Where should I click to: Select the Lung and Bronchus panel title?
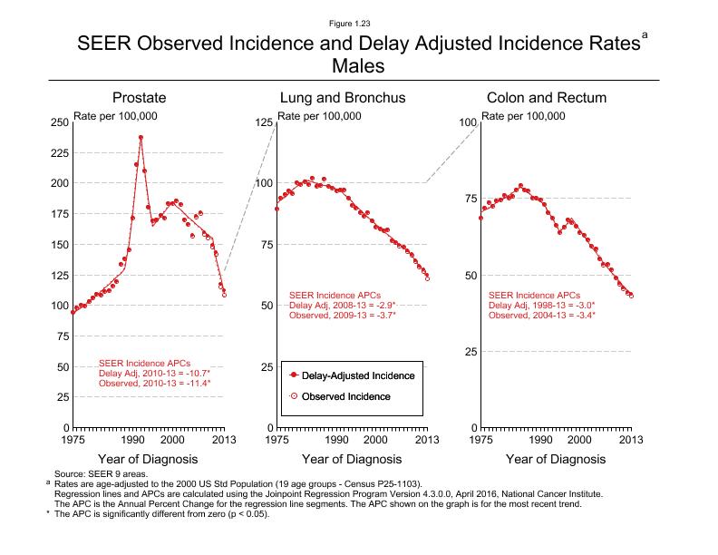click(x=342, y=98)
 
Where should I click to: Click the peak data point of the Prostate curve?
click(x=141, y=138)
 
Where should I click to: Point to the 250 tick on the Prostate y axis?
click(x=59, y=122)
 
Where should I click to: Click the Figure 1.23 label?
click(x=358, y=22)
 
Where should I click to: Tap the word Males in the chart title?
click(x=358, y=65)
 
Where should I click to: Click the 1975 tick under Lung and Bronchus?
click(x=277, y=440)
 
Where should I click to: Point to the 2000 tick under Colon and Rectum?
click(x=580, y=440)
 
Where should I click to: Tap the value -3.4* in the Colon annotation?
click(x=582, y=315)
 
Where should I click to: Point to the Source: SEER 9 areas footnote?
click(x=99, y=474)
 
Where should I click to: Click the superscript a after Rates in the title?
click(x=645, y=34)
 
